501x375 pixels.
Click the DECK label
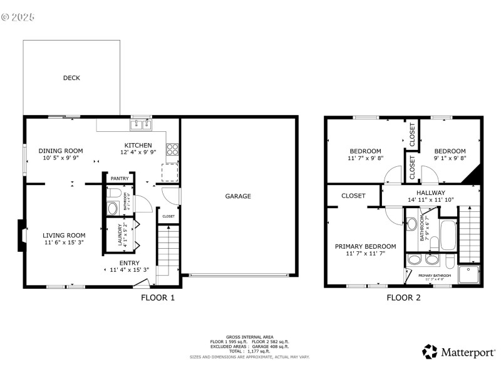click(71, 78)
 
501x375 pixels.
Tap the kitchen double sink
click(141, 125)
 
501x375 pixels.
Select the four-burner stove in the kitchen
click(172, 149)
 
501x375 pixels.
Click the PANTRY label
click(119, 179)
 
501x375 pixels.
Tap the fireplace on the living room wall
click(22, 236)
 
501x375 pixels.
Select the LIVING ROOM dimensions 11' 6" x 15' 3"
click(63, 242)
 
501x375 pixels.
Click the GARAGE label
click(238, 196)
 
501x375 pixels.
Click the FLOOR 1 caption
click(158, 298)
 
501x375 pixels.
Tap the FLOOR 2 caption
click(403, 298)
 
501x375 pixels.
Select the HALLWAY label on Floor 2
click(431, 192)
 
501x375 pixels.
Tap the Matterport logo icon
click(429, 352)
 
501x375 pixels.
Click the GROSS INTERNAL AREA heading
click(250, 337)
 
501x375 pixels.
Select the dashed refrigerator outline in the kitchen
click(170, 172)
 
